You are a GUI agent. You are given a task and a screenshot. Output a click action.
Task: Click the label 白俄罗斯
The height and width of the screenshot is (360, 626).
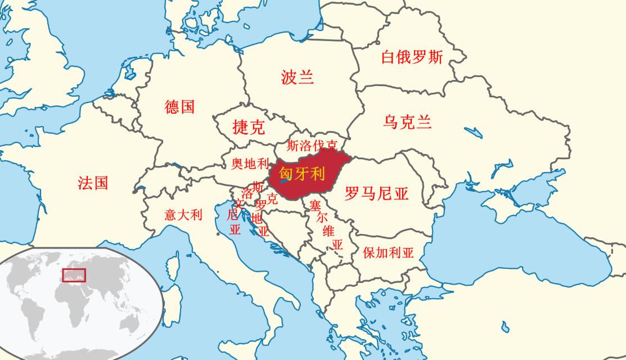(x=412, y=57)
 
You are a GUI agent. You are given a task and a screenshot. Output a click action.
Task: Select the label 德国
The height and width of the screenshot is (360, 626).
(x=180, y=107)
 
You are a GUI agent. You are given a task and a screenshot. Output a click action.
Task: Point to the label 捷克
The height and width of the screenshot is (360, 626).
(x=249, y=127)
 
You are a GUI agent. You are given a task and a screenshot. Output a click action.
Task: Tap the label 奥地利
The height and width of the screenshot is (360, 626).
(x=250, y=164)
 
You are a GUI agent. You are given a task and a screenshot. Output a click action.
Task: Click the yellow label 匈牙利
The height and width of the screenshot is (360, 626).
(x=302, y=174)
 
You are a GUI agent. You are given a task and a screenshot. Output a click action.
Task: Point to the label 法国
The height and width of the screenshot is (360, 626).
(x=93, y=183)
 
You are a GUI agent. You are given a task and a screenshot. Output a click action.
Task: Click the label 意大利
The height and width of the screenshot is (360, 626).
(x=183, y=215)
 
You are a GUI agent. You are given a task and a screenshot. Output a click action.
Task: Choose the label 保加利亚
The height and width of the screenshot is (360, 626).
(x=388, y=253)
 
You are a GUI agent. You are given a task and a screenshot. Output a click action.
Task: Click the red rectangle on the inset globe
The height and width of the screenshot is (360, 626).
(x=74, y=275)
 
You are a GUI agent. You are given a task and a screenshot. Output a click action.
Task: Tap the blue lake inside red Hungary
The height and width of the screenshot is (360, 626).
(x=285, y=181)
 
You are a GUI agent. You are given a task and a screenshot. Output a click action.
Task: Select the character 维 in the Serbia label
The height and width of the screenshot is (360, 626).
(x=328, y=231)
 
